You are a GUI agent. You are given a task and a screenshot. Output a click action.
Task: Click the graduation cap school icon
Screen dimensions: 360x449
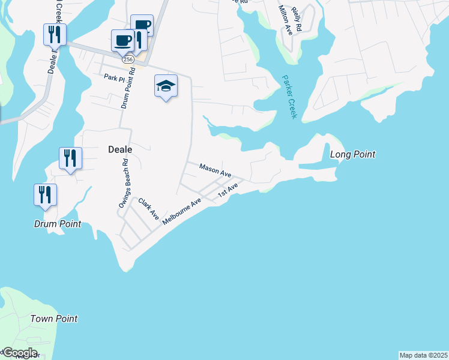pos(166,86)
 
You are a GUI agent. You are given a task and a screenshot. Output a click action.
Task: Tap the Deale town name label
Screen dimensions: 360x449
pos(119,149)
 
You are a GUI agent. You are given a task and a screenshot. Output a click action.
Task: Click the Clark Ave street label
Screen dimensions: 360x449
pos(148,208)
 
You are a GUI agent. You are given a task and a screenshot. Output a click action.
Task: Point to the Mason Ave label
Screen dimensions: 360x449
pos(215,170)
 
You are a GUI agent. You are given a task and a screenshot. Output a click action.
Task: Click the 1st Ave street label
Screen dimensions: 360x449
pos(228,190)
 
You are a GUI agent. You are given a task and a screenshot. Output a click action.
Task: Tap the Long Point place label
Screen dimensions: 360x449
pos(353,155)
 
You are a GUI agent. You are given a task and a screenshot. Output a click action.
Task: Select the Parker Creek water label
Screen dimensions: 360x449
pos(289,96)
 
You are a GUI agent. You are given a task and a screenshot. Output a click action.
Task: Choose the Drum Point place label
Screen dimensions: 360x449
pos(57,224)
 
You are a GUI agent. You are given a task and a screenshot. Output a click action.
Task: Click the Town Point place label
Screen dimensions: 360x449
pos(54,319)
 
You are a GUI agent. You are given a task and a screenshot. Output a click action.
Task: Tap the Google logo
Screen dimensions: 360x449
pos(19,353)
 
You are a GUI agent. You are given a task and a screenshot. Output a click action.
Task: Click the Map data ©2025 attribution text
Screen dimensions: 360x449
pos(423,355)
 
